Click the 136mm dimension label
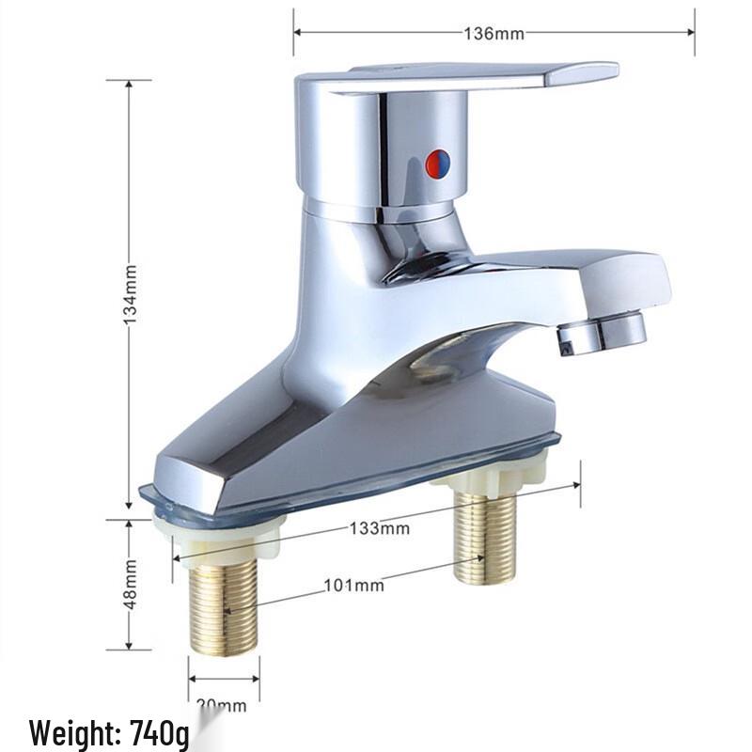click(493, 34)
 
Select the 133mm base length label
click(380, 527)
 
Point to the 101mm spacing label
click(354, 586)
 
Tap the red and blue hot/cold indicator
click(437, 164)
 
